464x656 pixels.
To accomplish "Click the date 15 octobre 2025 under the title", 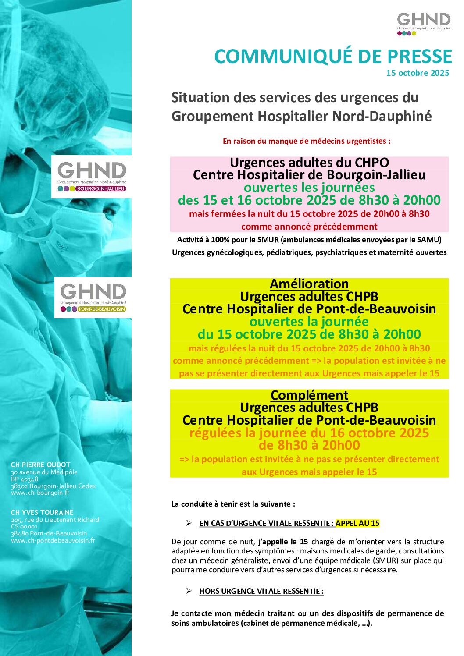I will (418, 73).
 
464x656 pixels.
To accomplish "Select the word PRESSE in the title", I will (420, 57).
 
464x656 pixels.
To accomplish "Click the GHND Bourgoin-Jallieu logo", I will (92, 177).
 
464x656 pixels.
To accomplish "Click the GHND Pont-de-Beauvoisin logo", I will (93, 297).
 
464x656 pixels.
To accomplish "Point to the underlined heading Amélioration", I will (309, 284).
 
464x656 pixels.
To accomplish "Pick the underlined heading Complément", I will (309, 395).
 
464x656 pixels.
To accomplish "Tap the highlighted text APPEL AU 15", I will (357, 523).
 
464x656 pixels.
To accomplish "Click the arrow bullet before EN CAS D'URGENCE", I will (189, 523).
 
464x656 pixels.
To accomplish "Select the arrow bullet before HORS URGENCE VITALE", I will (189, 591).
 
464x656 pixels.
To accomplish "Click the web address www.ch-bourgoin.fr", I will (40, 493).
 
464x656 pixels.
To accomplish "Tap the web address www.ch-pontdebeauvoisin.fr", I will (53, 540).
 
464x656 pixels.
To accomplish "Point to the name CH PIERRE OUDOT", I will (40, 465).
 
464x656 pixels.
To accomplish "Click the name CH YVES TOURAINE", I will (42, 512).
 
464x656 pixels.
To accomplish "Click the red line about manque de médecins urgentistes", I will (307, 141).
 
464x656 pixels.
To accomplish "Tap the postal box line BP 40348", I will (25, 479).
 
